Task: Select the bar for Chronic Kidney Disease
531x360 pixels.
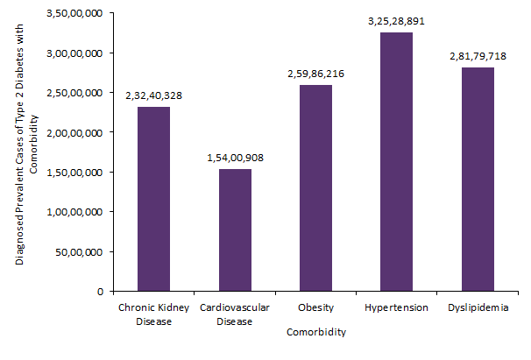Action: [153, 199]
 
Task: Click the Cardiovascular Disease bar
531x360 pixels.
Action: [235, 229]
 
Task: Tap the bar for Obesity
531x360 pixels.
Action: [315, 187]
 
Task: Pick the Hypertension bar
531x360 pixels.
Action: [396, 161]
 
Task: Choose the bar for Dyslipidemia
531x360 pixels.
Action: [478, 179]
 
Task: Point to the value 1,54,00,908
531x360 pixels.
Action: [235, 158]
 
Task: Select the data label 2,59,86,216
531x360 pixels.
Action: [315, 74]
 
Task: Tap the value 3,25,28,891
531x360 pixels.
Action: [396, 21]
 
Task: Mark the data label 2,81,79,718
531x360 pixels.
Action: [478, 56]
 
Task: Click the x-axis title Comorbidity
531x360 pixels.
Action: [315, 333]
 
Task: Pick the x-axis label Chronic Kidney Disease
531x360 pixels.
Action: [154, 314]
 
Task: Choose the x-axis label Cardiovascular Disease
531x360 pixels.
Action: [235, 314]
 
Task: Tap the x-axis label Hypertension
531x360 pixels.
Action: [396, 307]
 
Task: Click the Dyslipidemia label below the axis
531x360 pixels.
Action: [478, 307]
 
